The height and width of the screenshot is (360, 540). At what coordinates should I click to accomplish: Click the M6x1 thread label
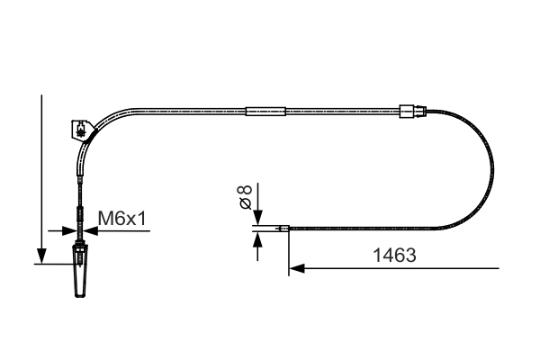coord(121,218)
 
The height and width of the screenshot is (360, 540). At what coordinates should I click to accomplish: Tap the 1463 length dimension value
coord(393,256)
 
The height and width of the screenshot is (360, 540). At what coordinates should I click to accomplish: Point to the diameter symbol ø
coord(244,206)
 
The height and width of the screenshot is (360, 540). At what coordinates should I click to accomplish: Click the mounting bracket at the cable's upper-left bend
coord(81,130)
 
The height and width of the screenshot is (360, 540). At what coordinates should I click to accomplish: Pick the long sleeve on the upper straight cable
coord(265,112)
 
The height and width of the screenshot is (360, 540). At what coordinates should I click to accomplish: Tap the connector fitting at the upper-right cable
coord(410,112)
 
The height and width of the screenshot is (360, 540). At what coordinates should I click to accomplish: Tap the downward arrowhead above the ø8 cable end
coord(257,220)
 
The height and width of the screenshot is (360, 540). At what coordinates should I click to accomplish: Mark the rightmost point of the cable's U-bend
coord(495,171)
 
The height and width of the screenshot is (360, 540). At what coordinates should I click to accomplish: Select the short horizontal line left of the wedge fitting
coord(52,263)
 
